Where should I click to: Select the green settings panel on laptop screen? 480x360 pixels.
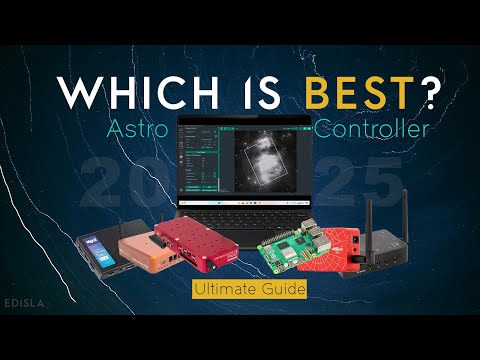tap(196, 160)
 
